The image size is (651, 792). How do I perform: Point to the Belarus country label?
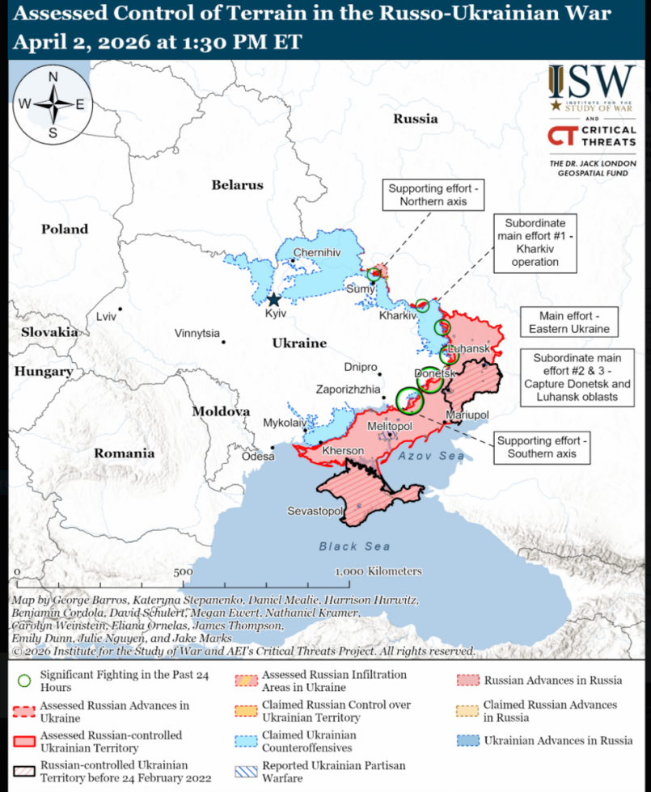click(x=237, y=185)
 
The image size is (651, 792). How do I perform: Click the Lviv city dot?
click(x=120, y=309)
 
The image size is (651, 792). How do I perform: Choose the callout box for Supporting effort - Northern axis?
click(x=433, y=195)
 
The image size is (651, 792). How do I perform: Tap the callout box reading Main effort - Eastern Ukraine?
click(x=569, y=322)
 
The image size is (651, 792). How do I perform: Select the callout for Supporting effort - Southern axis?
click(x=539, y=447)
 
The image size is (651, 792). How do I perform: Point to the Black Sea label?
click(x=354, y=546)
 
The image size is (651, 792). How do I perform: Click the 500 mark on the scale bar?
click(x=183, y=571)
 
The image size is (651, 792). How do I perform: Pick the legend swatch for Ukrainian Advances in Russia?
click(x=467, y=740)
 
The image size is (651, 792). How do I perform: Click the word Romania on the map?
click(x=124, y=453)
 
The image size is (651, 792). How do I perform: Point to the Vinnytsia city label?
click(x=197, y=334)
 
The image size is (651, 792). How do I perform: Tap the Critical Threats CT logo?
click(x=560, y=136)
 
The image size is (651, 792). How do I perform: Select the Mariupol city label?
click(x=467, y=415)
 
